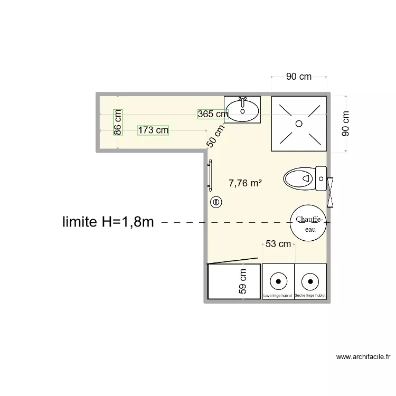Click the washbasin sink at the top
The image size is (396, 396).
click(243, 109)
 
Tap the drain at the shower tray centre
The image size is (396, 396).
click(298, 124)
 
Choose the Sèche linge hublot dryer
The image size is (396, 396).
click(310, 281)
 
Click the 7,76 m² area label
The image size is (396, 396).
click(245, 183)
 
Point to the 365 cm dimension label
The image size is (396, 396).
click(213, 114)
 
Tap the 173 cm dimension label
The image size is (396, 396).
click(153, 130)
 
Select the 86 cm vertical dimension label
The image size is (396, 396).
click(118, 121)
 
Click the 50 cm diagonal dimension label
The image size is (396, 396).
click(215, 135)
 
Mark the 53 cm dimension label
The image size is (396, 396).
click(278, 244)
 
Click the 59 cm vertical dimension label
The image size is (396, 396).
click(243, 281)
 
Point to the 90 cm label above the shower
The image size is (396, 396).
click(299, 77)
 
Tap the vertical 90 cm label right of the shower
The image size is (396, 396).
click(346, 124)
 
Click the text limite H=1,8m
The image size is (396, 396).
click(108, 222)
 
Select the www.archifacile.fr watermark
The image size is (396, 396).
click(363, 357)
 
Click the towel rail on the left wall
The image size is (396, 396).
click(210, 174)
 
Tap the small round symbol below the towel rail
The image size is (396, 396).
click(215, 201)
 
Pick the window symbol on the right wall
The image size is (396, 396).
click(331, 192)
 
